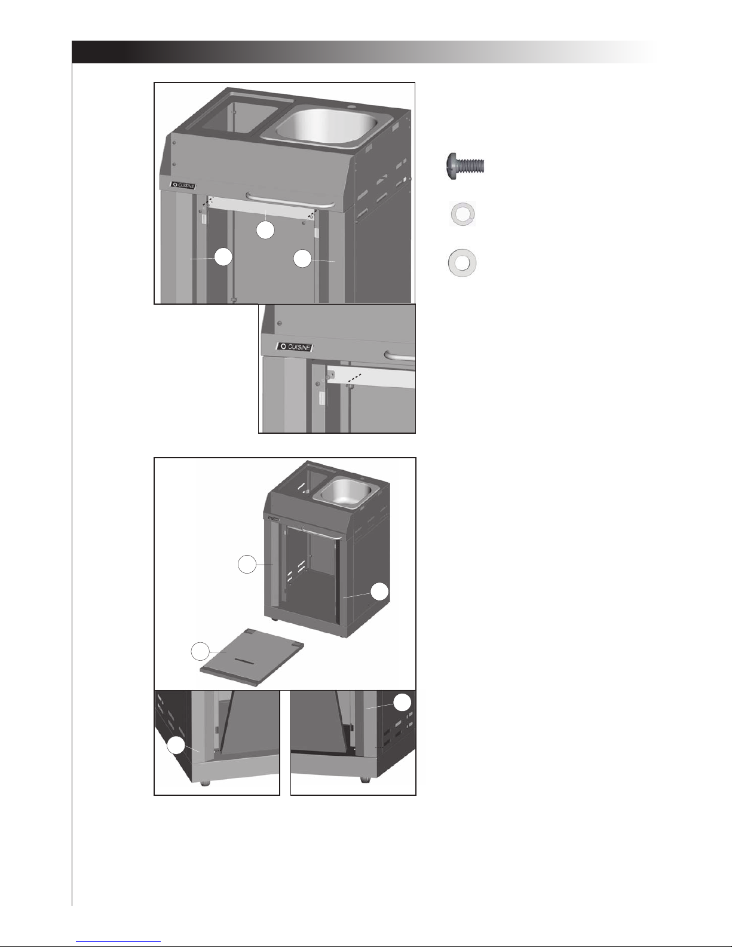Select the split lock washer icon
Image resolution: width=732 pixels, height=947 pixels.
pos(463,214)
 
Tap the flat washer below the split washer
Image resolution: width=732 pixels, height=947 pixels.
pos(463,263)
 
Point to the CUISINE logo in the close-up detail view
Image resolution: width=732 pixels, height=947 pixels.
pos(295,347)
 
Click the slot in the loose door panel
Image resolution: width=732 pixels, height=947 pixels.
pos(247,661)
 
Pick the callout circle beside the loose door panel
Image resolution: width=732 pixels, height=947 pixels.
pos(200,651)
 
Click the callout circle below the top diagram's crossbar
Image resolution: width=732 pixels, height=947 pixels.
pos(265,229)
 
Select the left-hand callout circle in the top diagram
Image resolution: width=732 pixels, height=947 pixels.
pos(223,257)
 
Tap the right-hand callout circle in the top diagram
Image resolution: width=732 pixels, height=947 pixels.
pos(302,258)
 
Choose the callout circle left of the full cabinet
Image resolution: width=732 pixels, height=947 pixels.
pos(247,564)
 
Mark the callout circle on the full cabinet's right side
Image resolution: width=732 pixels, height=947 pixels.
pos(379,592)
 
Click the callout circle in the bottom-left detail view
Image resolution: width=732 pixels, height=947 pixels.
pos(176,746)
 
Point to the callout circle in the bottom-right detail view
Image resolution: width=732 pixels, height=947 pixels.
pos(403,702)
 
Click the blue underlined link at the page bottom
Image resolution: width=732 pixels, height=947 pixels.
pos(118,939)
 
